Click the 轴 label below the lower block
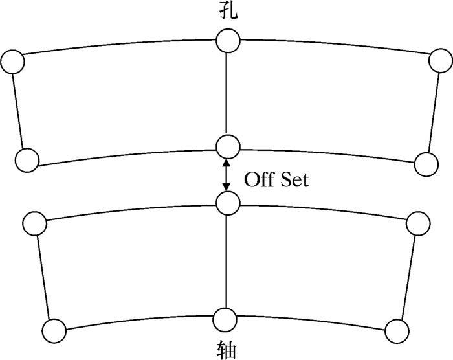(227, 350)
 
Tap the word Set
(294, 179)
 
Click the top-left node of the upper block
(13, 62)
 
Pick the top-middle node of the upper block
(227, 42)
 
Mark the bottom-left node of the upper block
(27, 159)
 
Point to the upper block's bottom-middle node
(227, 146)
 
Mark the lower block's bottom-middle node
(224, 319)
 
